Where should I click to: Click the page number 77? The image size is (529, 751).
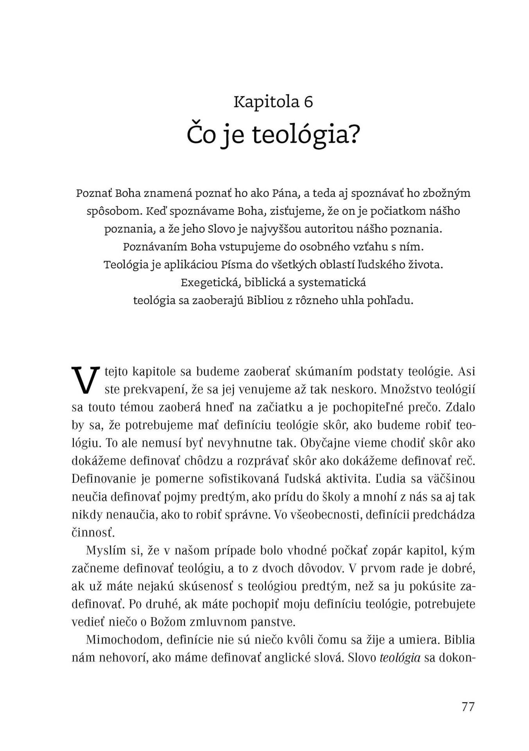(468, 707)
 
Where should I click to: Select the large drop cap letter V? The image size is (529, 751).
(85, 379)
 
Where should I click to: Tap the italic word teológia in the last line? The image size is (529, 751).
(400, 658)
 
